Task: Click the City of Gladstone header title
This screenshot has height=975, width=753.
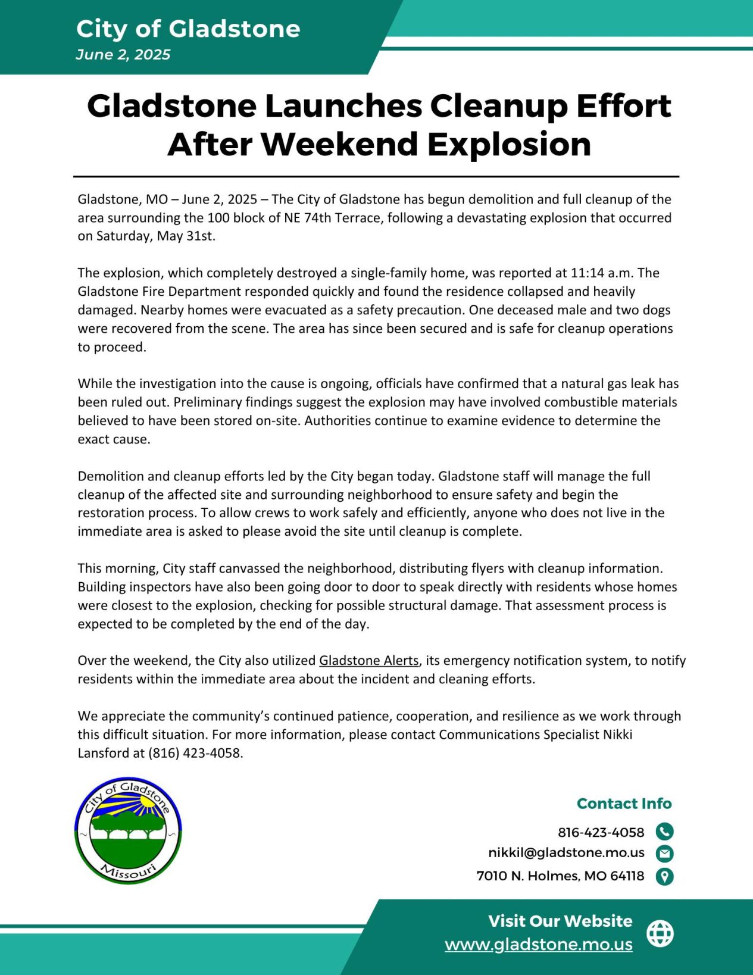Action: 188,29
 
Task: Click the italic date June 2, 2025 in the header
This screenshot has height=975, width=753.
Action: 123,55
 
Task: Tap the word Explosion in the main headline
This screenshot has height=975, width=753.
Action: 509,145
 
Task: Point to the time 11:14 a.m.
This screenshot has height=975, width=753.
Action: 602,273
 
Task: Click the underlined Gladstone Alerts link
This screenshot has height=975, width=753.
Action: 369,661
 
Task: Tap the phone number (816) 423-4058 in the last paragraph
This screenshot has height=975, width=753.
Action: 195,753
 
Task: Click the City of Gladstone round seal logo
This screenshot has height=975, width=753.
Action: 128,830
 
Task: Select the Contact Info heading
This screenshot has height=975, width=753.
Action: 624,804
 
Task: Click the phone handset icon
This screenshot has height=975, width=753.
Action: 664,832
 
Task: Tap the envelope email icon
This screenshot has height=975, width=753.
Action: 664,854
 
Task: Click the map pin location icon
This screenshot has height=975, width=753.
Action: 664,876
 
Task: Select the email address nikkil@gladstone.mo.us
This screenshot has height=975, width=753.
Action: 566,853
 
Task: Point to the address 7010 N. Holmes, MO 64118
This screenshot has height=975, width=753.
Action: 560,876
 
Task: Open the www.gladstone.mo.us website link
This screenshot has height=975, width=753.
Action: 538,945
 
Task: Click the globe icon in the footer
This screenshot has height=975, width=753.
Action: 660,933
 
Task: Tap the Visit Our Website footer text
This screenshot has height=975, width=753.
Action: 560,921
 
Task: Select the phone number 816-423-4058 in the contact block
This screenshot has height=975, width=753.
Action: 601,832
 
